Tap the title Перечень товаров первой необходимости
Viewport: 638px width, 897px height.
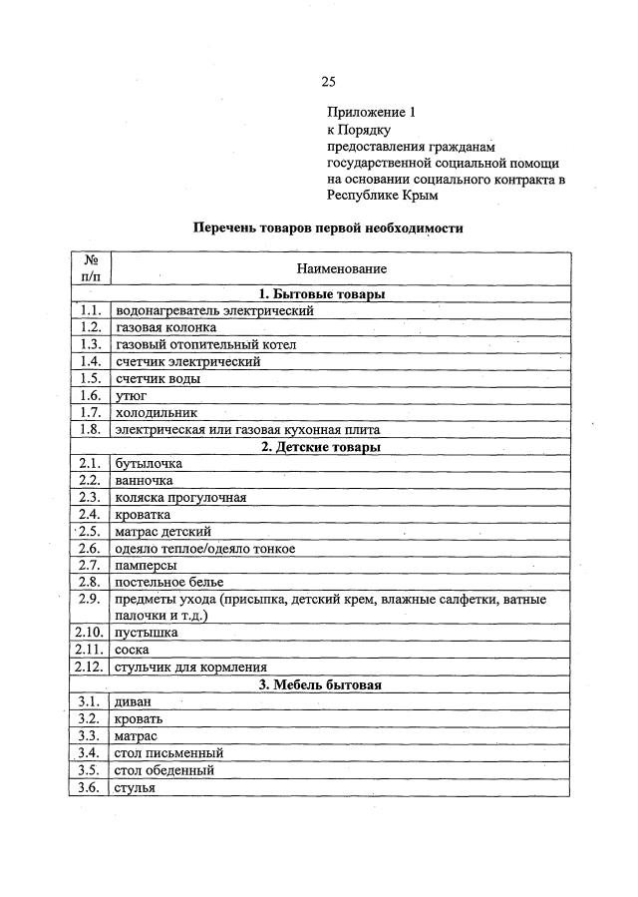[328, 227]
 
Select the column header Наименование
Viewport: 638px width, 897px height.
[341, 268]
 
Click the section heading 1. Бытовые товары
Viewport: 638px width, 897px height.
[321, 294]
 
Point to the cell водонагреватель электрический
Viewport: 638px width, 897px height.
[214, 310]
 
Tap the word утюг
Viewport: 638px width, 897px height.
[132, 395]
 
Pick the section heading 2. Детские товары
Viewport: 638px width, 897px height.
[321, 447]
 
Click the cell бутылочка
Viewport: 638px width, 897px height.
[149, 464]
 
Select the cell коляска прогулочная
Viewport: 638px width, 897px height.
[180, 498]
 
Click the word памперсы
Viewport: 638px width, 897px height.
[147, 566]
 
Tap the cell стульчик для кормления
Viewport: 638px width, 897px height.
[190, 668]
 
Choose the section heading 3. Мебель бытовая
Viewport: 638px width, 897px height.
[321, 685]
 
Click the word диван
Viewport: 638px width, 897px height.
[134, 702]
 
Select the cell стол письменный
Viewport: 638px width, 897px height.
[168, 753]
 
